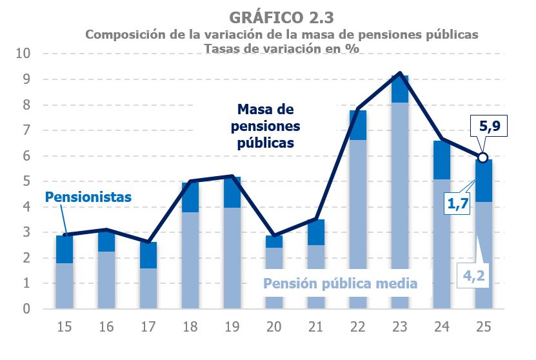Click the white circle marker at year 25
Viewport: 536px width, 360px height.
pyautogui.click(x=482, y=157)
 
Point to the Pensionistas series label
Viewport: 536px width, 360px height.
pyautogui.click(x=88, y=196)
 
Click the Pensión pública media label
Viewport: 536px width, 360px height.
pyautogui.click(x=340, y=283)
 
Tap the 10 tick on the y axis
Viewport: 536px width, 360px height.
pyautogui.click(x=23, y=54)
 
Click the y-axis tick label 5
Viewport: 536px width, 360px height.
pyautogui.click(x=26, y=181)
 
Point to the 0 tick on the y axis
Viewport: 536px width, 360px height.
pyautogui.click(x=26, y=309)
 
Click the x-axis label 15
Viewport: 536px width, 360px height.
pyautogui.click(x=64, y=327)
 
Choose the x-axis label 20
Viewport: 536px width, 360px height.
pyautogui.click(x=273, y=327)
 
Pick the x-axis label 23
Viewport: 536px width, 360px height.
pyautogui.click(x=399, y=327)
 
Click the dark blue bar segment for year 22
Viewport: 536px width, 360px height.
pyautogui.click(x=357, y=125)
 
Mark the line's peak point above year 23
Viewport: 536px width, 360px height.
pyautogui.click(x=400, y=73)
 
